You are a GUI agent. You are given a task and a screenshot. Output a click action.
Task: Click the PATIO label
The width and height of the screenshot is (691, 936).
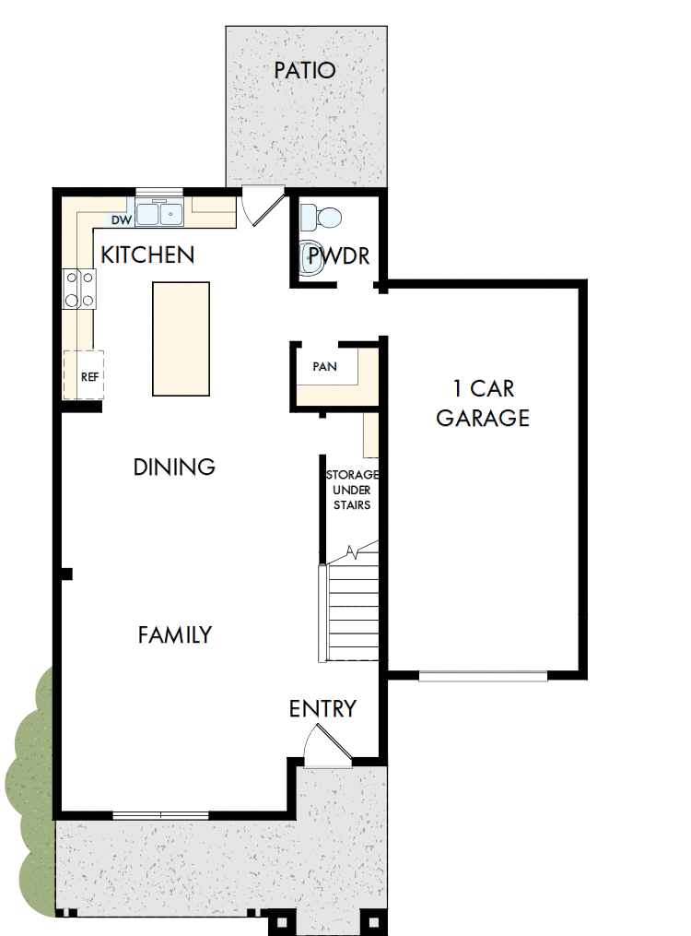(x=304, y=70)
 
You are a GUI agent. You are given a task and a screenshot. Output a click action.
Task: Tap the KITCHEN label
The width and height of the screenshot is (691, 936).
(x=147, y=255)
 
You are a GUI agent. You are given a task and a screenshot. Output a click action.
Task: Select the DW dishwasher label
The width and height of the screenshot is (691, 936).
(x=121, y=220)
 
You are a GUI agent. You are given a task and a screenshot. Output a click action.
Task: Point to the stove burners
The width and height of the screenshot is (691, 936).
(x=78, y=288)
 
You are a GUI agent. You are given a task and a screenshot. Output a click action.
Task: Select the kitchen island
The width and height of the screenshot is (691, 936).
(x=181, y=338)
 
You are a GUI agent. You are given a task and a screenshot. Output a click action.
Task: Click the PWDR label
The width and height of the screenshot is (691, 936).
(x=338, y=255)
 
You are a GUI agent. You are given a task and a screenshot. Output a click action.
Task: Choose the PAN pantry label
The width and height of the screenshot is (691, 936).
(x=324, y=366)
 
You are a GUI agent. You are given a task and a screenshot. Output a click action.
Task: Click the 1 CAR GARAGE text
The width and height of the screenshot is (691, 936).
(x=483, y=403)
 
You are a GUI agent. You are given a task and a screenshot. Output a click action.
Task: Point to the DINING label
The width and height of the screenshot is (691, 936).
(x=174, y=467)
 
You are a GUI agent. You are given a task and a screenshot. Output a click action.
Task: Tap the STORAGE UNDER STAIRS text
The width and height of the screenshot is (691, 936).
(x=350, y=490)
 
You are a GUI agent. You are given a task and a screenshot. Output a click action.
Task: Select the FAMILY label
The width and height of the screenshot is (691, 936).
(x=175, y=634)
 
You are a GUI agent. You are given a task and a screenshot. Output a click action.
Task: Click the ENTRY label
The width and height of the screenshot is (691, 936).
(x=322, y=708)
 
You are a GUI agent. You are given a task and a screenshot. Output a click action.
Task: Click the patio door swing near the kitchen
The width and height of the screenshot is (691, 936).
(x=261, y=205)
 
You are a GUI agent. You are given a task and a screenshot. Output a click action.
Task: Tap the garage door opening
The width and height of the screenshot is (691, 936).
(x=483, y=676)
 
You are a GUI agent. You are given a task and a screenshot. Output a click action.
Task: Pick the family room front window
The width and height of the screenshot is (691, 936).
(x=160, y=814)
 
